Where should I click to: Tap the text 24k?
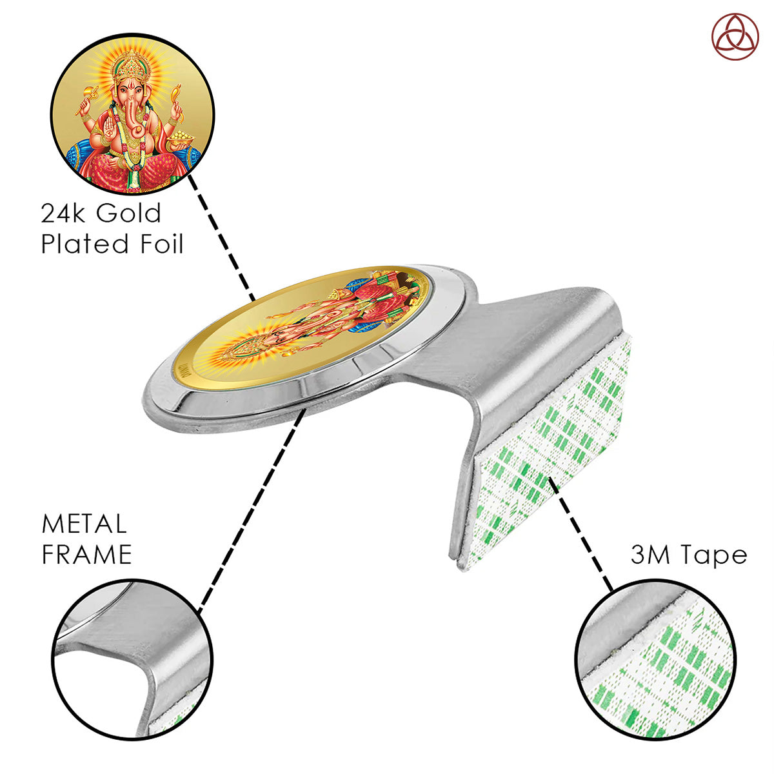(63, 213)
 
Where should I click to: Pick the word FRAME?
(87, 554)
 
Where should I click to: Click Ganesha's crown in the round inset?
(132, 67)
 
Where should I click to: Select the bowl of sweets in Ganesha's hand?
(181, 139)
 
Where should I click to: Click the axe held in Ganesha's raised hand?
(86, 99)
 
